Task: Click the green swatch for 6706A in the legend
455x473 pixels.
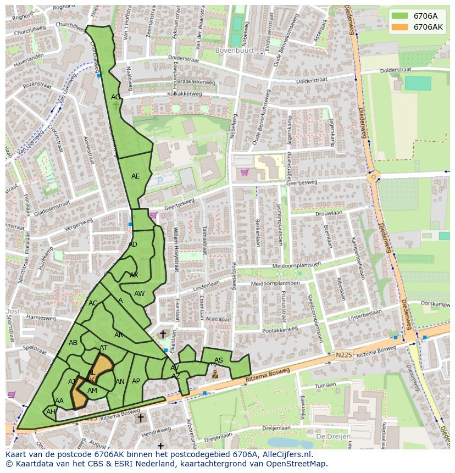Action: click(399, 15)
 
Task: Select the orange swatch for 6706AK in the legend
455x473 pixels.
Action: click(399, 26)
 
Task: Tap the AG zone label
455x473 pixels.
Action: click(115, 97)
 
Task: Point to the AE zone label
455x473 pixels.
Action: click(135, 176)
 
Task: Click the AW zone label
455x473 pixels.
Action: click(139, 294)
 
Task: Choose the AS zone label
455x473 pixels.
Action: click(219, 360)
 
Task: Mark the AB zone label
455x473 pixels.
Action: click(73, 343)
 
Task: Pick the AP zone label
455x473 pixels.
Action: click(136, 381)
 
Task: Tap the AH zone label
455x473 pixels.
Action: click(51, 412)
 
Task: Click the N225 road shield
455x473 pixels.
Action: click(343, 356)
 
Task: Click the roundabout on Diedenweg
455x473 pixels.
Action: click(374, 177)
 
